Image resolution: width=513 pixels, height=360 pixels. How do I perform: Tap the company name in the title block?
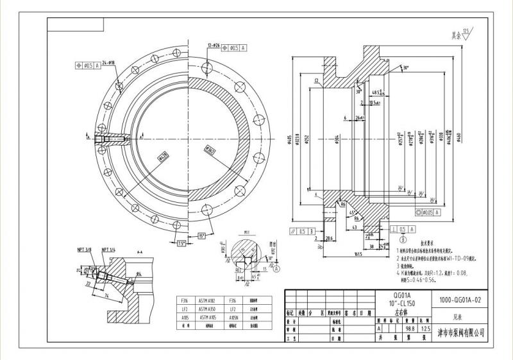click(x=460, y=333)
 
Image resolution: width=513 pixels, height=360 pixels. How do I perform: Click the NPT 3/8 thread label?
click(x=84, y=249)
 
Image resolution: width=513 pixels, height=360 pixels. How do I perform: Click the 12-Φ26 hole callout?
click(x=214, y=46)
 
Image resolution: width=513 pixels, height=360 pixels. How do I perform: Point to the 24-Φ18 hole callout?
click(x=108, y=62)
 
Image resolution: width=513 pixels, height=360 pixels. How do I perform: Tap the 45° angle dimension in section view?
click(x=353, y=213)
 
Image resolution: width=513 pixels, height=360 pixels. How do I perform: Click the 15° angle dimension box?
click(x=203, y=236)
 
